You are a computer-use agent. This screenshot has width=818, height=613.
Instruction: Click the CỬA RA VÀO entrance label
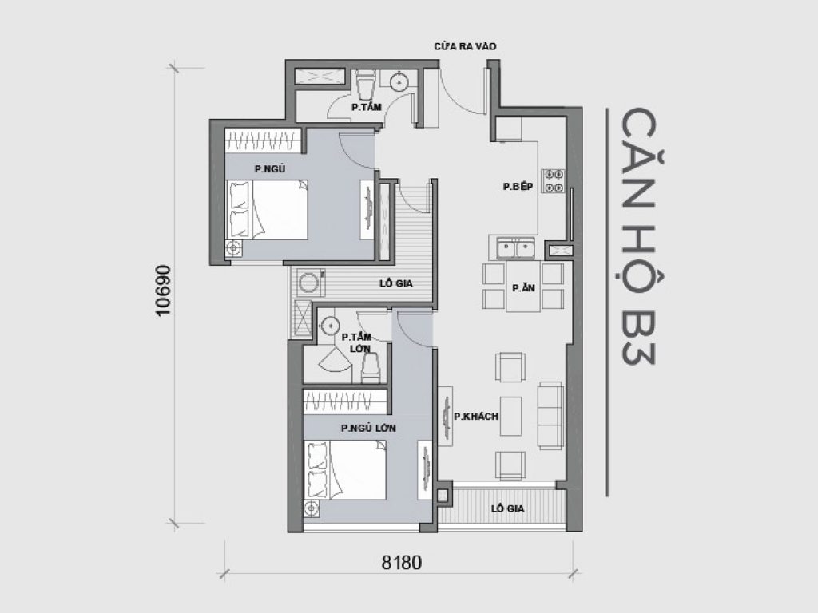(x=465, y=46)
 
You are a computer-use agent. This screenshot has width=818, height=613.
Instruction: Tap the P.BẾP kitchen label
(x=518, y=186)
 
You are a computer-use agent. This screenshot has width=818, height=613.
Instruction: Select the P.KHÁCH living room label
(x=476, y=416)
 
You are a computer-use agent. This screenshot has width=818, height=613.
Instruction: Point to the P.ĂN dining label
(x=523, y=288)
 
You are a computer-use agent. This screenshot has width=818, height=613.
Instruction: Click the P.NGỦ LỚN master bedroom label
(x=368, y=428)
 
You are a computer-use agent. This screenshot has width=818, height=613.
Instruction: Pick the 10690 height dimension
(x=165, y=291)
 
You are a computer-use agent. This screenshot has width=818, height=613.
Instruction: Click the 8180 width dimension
(x=401, y=562)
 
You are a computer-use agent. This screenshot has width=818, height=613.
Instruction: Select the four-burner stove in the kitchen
(x=553, y=181)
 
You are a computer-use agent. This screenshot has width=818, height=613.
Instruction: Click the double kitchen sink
(x=515, y=249)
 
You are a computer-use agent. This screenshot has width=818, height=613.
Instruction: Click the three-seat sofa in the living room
(x=550, y=415)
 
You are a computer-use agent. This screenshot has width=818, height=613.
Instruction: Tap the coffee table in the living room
(x=510, y=415)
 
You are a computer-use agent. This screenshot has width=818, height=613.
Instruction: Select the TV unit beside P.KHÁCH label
(x=445, y=416)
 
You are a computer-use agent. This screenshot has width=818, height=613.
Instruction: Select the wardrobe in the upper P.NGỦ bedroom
(x=262, y=140)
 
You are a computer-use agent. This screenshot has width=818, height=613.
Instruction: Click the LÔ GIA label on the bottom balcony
(x=508, y=508)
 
